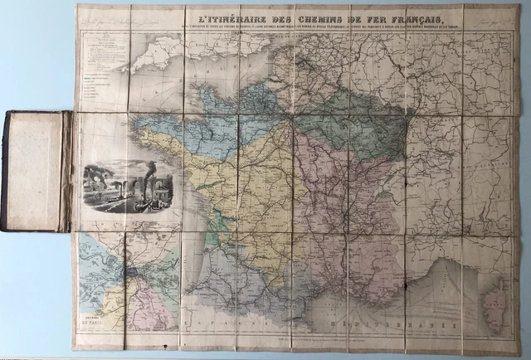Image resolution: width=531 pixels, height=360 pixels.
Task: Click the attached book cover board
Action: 38,170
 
